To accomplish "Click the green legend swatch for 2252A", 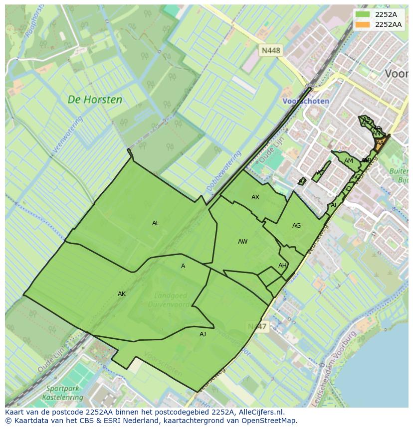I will (x=363, y=14).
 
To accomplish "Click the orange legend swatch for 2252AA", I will (x=363, y=24).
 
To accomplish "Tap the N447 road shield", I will (x=257, y=326).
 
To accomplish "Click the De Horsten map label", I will (x=95, y=100).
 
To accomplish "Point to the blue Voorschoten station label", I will (x=306, y=101).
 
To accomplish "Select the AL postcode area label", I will (x=156, y=223).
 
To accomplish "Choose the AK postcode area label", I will (x=122, y=294).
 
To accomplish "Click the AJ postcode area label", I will (x=203, y=334).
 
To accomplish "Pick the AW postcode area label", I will (x=242, y=242).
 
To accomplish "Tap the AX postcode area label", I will (x=255, y=197).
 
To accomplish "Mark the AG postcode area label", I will (x=296, y=226).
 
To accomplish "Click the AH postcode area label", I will (x=282, y=266).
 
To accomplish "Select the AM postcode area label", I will (x=348, y=161).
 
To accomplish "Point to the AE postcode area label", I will (x=334, y=205).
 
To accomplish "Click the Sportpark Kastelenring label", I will (x=65, y=393).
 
